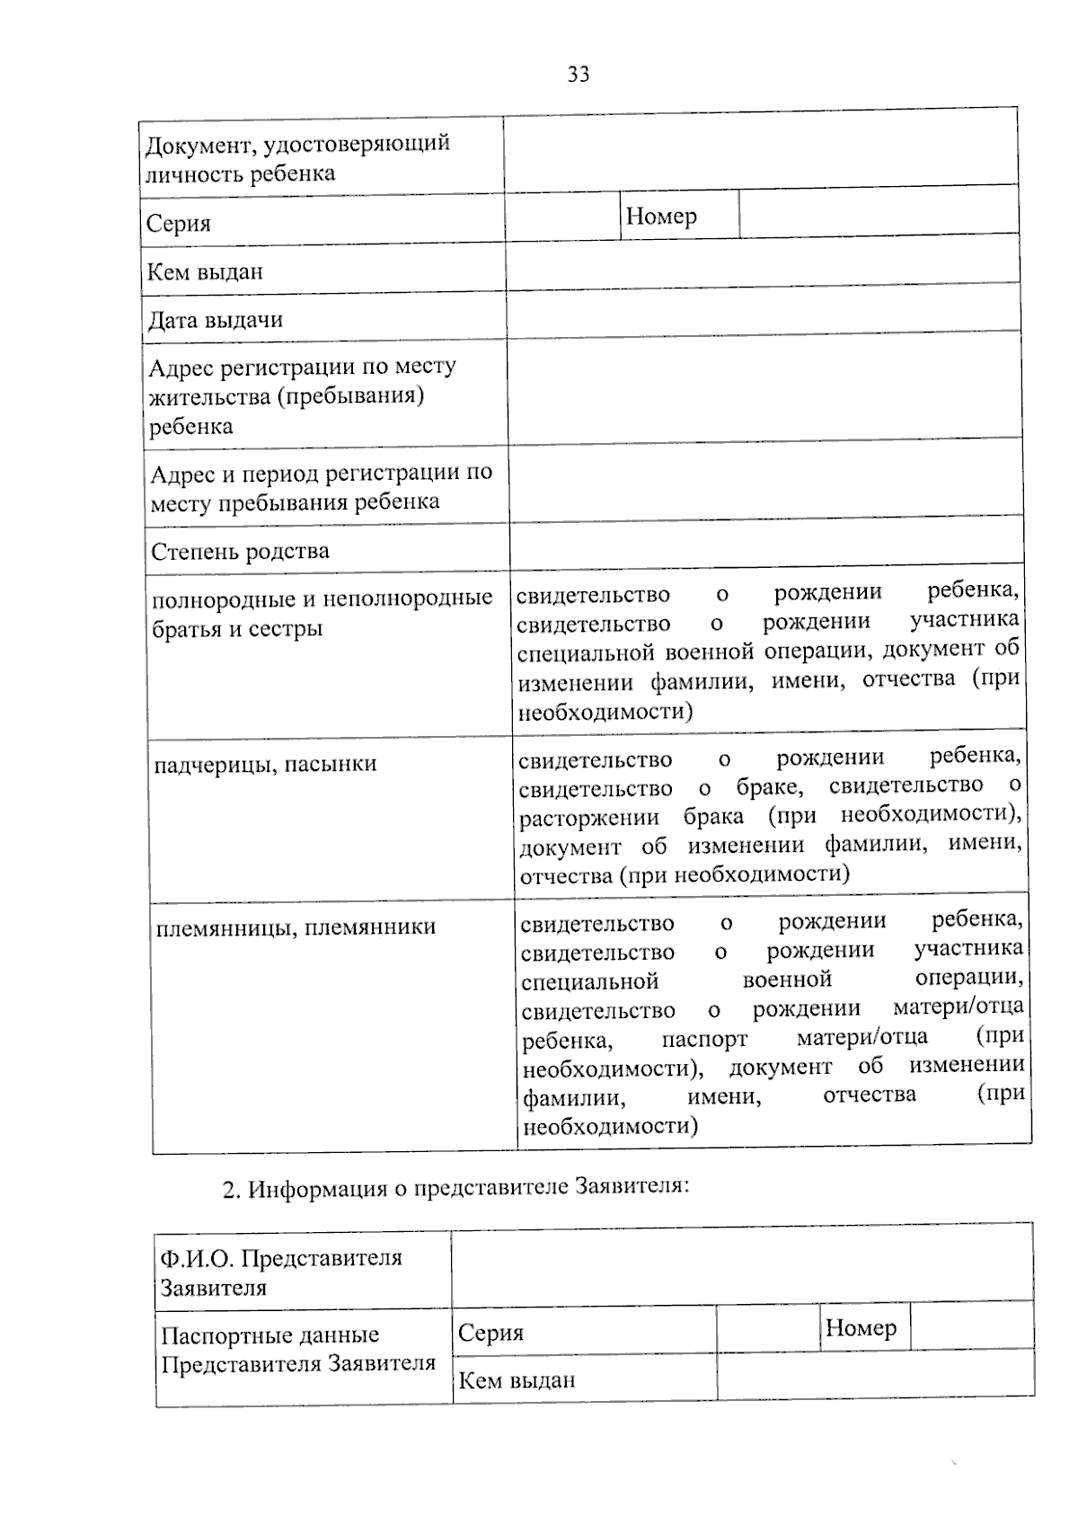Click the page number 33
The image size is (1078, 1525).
579,75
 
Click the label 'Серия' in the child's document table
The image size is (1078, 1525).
179,223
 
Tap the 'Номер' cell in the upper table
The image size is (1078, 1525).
661,216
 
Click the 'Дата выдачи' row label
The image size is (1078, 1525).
216,320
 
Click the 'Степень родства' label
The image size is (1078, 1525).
240,551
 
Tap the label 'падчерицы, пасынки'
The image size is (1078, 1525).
266,765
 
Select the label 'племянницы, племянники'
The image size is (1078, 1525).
296,927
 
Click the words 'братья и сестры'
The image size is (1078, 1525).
237,628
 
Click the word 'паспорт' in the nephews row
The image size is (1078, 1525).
704,1040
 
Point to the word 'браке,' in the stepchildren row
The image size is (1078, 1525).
769,787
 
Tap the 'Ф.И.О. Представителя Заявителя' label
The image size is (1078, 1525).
280,1272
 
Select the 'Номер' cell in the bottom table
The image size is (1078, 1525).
861,1327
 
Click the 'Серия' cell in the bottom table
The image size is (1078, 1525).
490,1333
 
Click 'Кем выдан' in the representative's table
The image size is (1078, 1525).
517,1380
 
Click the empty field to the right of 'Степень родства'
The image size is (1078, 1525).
766,541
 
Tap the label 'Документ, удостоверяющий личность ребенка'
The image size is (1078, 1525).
297,158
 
